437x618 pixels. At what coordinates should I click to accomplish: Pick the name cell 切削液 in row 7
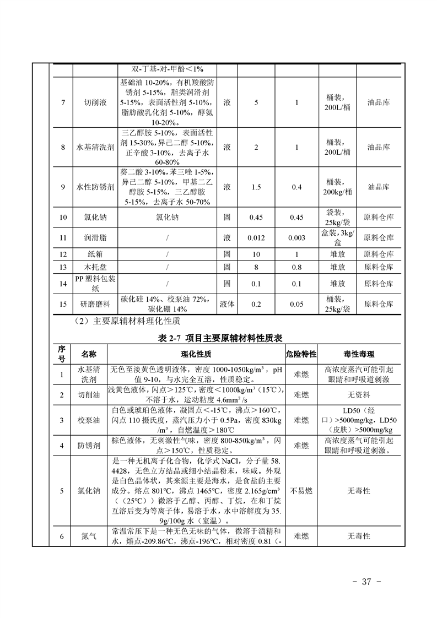[x=95, y=102]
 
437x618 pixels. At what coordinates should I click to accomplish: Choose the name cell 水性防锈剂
[x=95, y=187]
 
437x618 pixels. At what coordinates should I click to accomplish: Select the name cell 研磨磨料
[x=95, y=303]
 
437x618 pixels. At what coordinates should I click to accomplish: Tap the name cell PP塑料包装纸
[x=95, y=283]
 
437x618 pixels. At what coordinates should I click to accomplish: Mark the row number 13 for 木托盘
[x=63, y=267]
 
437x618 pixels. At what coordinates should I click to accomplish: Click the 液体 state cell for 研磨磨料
[x=227, y=303]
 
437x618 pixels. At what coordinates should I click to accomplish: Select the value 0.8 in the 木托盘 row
[x=296, y=267]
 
